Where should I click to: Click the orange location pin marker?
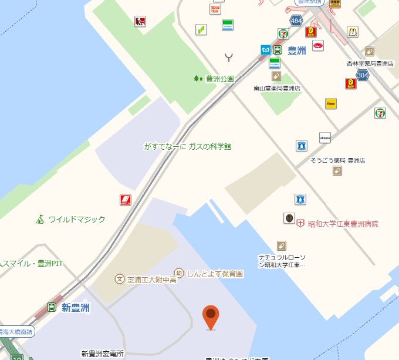click(211, 317)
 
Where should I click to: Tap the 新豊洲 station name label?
click(76, 308)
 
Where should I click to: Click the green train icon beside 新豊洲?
click(52, 307)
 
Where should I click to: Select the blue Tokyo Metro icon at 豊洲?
click(265, 50)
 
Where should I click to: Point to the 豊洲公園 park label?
click(219, 78)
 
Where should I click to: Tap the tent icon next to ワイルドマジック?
click(40, 219)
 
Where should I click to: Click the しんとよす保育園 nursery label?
click(215, 273)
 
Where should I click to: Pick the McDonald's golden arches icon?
click(353, 32)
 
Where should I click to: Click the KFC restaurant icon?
click(140, 22)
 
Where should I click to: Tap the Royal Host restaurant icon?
click(215, 8)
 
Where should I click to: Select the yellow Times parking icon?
click(331, 104)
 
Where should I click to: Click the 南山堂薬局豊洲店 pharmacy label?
click(277, 88)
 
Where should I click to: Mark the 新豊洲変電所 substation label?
click(103, 354)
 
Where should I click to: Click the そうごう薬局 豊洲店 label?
click(337, 160)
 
